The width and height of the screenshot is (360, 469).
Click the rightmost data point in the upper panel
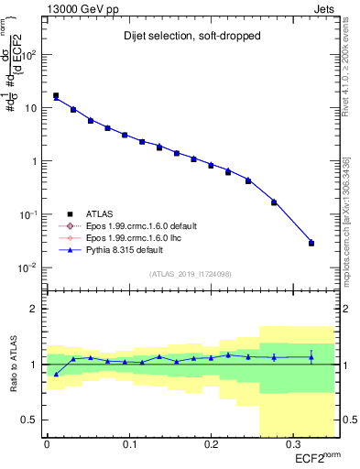[311, 243]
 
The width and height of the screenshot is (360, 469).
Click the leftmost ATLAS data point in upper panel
[56, 95]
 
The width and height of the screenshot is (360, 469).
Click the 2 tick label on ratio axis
[35, 309]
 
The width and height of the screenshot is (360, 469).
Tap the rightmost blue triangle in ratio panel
[311, 357]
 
